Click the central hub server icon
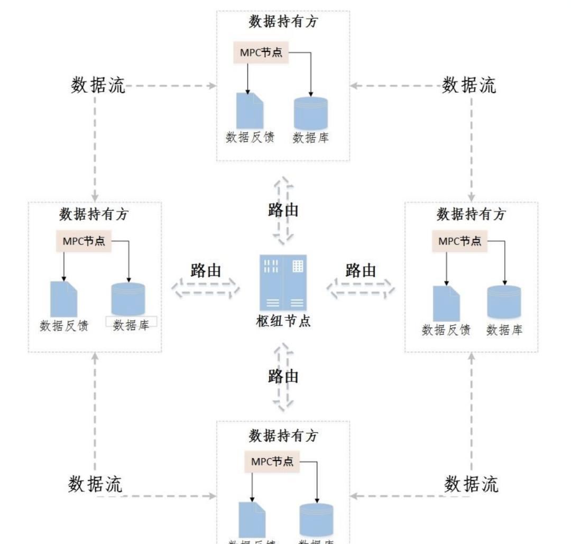283,283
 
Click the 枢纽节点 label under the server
283,321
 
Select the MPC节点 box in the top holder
261,53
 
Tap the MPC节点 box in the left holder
84,241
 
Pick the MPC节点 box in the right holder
460,241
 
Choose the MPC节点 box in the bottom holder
272,461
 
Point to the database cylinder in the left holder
128,300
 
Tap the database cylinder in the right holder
504,302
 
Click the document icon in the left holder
64,299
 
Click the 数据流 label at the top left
98,85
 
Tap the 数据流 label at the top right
469,85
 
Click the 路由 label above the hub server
283,210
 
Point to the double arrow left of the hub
205,289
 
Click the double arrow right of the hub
361,289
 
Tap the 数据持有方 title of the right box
471,215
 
